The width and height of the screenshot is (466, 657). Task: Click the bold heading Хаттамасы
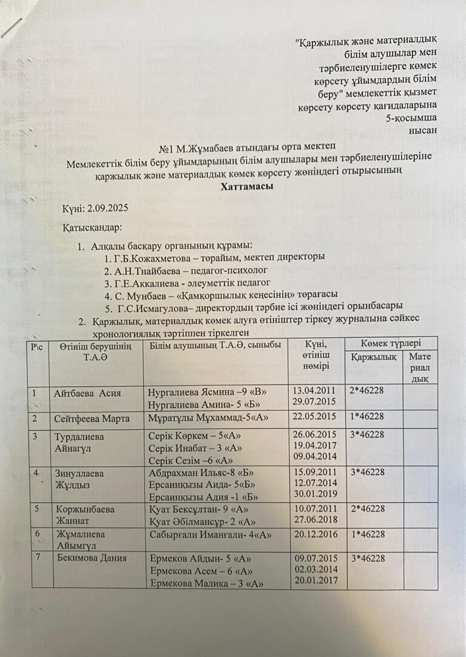tap(246, 187)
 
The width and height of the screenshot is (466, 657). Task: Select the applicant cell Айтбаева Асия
tap(86, 393)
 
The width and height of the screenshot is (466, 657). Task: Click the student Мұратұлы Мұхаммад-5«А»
tap(208, 417)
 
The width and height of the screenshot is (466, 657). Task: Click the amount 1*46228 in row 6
tap(368, 534)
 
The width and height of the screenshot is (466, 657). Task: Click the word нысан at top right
tap(424, 129)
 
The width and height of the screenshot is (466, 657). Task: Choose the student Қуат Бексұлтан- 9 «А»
tap(198, 509)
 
